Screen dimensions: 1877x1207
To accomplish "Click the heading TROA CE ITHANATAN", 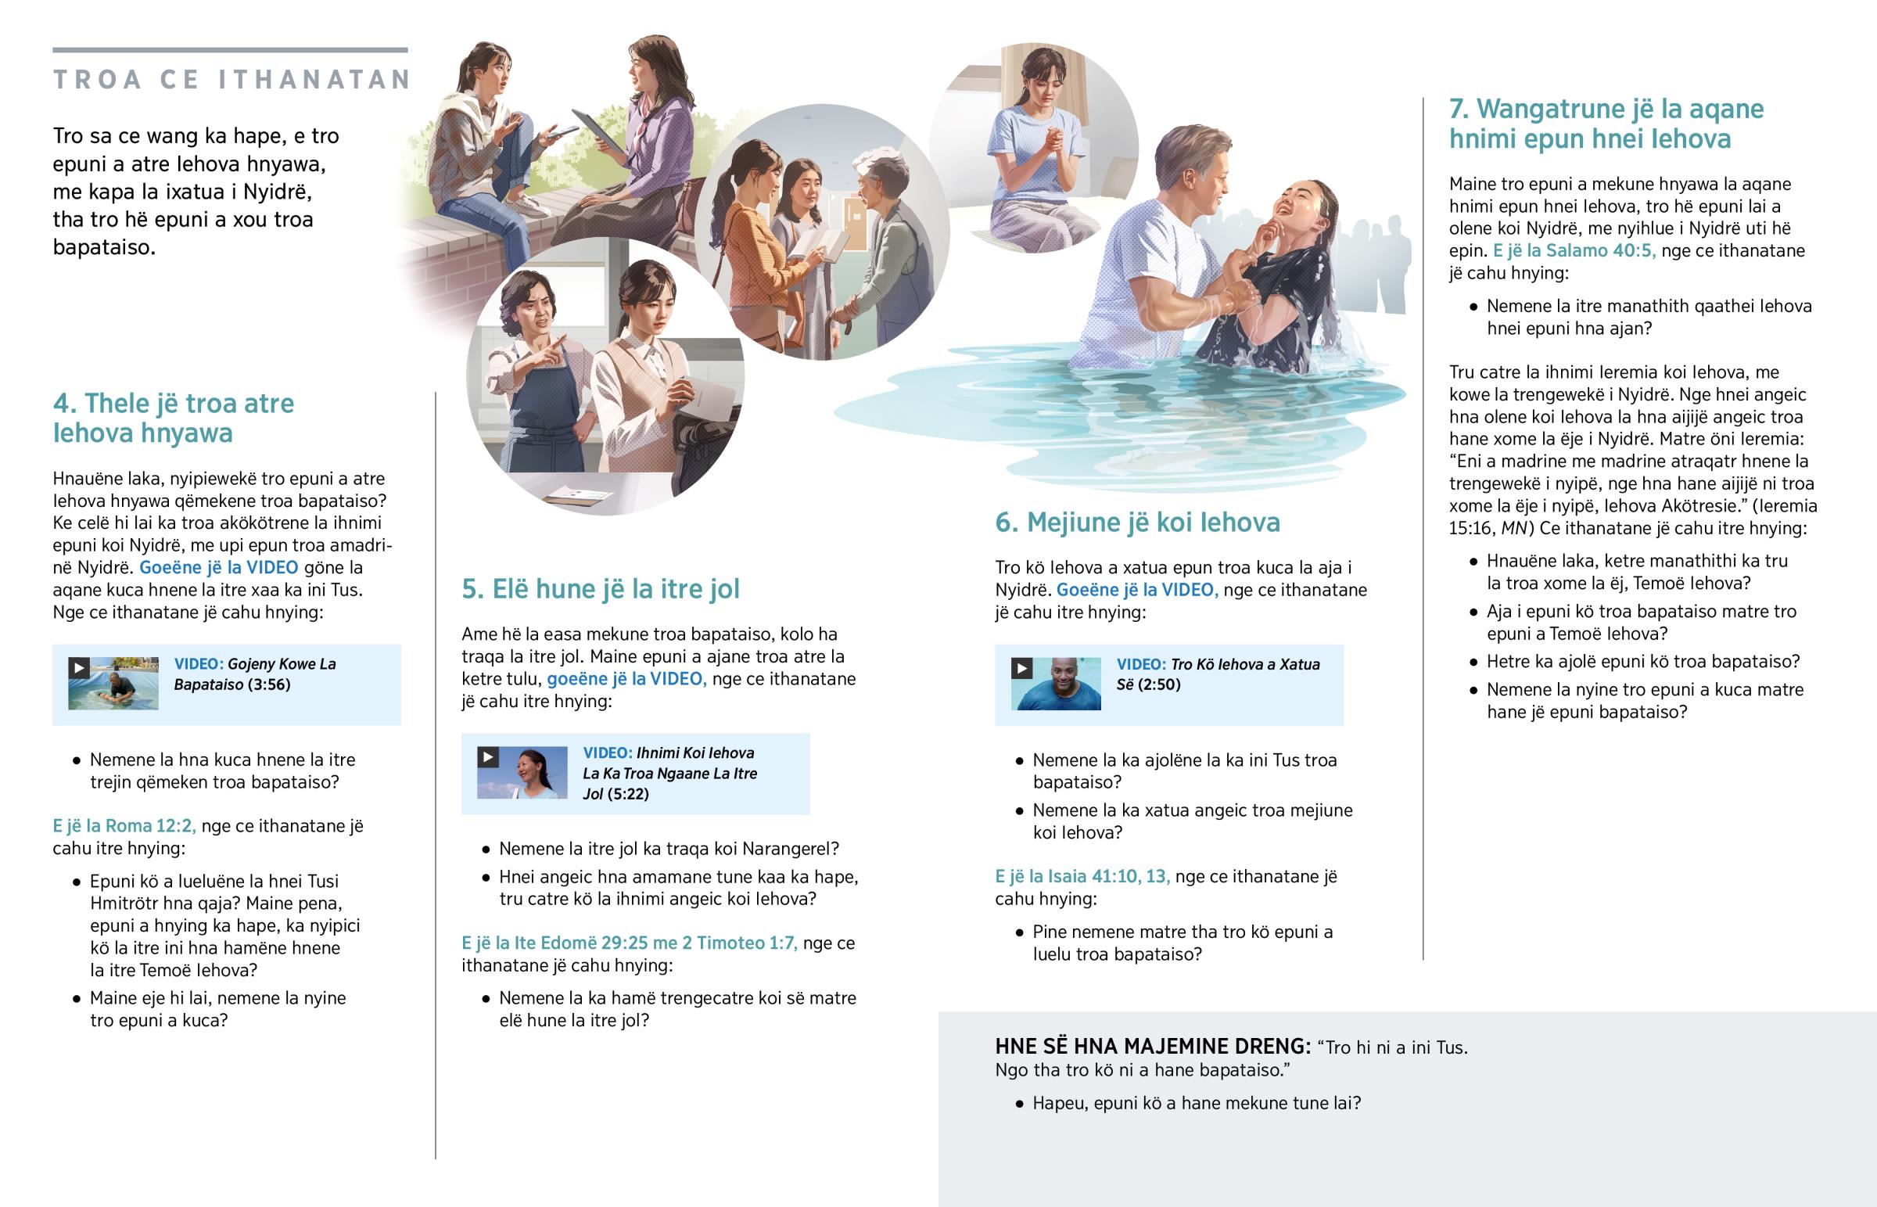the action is (x=231, y=79).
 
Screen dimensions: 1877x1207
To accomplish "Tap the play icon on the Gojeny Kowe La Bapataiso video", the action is (x=79, y=668).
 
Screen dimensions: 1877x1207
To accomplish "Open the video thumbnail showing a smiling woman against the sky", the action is (x=522, y=773).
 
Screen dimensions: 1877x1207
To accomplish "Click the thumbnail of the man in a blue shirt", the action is (x=1056, y=684).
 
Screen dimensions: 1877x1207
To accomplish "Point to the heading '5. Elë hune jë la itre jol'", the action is (x=600, y=588).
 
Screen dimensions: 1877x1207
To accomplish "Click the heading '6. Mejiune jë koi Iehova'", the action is (x=1137, y=522).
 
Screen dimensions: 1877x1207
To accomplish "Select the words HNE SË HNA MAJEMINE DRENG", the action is (x=1152, y=1047).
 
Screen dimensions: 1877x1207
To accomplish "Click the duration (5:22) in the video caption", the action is (x=628, y=794).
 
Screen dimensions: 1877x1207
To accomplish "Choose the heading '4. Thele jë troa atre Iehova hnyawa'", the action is (x=174, y=418).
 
